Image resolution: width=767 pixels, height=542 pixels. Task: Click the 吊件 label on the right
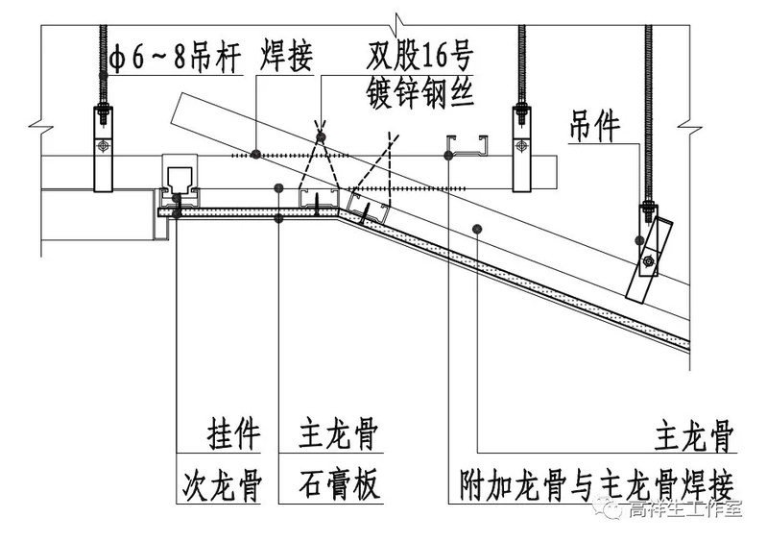[x=593, y=127]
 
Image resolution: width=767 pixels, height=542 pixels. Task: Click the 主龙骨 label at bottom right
[x=695, y=438]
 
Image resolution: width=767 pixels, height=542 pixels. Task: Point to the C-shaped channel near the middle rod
[x=466, y=146]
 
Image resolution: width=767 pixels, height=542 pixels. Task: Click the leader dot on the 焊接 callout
[x=255, y=153]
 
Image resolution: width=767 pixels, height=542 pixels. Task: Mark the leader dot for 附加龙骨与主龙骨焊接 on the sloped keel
[x=477, y=227]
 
